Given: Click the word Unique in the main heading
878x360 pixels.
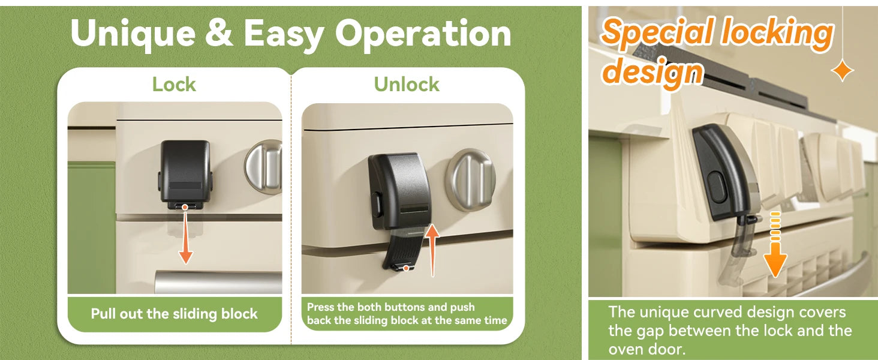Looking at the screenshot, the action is coord(133,34).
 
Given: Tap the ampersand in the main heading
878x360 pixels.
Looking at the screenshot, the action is coord(220,33).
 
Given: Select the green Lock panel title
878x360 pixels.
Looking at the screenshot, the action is coord(174,85).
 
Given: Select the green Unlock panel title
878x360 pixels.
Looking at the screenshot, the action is coord(407,85).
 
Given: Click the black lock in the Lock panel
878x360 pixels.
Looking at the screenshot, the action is coord(185,174).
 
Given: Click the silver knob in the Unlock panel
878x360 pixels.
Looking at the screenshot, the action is coord(471,179).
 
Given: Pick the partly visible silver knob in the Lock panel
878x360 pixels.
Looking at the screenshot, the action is coord(263,166).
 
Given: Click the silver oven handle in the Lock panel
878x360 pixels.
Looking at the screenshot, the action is coord(218,281).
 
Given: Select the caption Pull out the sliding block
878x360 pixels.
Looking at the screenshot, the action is coord(174,314).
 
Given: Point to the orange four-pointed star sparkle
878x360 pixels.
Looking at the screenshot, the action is coord(843,71).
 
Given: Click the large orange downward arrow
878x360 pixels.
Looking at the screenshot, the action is coord(775,245).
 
